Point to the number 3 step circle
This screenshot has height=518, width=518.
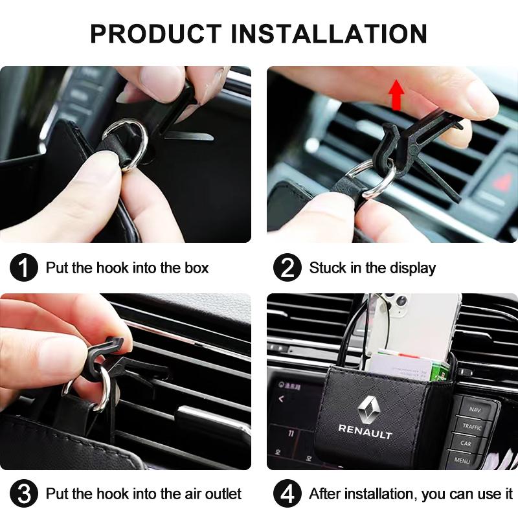pos(24,495)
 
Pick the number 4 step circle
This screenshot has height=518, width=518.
pos(287,495)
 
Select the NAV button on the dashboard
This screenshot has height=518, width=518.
pos(475,409)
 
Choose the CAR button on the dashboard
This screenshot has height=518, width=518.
pos(466,444)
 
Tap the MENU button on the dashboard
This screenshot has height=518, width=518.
pos(462,460)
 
